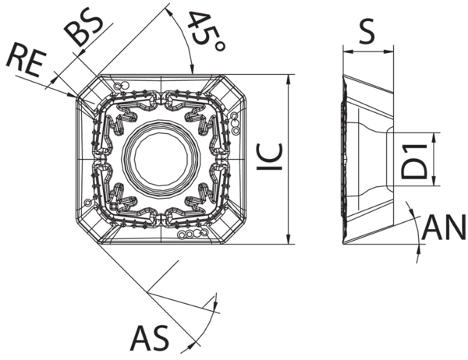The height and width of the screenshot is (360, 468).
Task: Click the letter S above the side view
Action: click(x=368, y=32)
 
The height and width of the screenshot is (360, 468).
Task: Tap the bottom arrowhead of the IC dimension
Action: click(x=289, y=239)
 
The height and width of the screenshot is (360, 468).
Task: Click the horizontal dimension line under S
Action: click(x=368, y=52)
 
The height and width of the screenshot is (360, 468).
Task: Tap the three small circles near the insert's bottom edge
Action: click(x=188, y=233)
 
